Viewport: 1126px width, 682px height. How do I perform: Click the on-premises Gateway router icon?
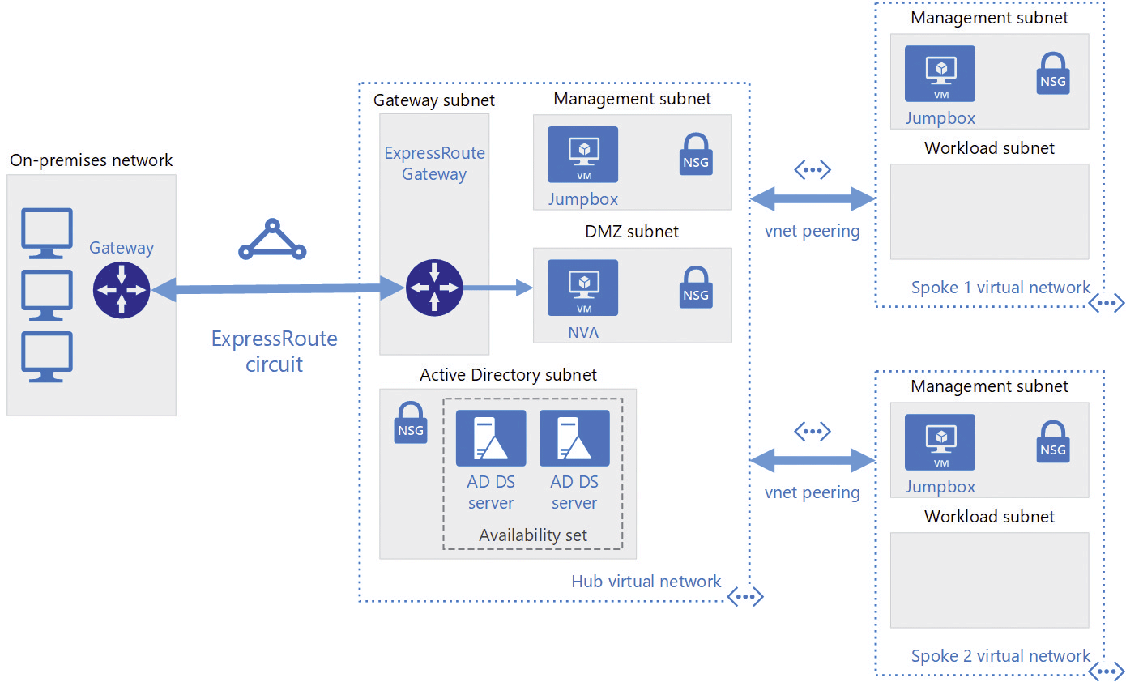[122, 289]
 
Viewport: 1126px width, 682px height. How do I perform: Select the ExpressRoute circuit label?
[275, 352]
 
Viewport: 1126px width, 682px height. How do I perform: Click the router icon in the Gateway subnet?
[434, 288]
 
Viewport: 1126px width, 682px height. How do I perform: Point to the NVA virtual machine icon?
[582, 288]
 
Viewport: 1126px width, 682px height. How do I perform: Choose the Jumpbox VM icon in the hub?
[582, 154]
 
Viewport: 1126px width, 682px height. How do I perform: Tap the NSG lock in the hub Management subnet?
[696, 154]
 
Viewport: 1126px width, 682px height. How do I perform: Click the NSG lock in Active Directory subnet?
[411, 422]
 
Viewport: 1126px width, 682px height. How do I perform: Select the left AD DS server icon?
[491, 437]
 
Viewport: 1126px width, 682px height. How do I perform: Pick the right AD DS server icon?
[574, 437]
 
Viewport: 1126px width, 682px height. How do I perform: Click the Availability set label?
[533, 535]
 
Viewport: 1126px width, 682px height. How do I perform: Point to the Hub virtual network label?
[646, 581]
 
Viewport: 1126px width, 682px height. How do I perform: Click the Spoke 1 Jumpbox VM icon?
[940, 74]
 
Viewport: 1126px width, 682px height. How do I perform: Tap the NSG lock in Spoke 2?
[1052, 441]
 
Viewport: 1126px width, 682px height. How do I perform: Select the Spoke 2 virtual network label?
[1000, 655]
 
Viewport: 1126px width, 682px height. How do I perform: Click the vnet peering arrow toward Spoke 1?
[813, 199]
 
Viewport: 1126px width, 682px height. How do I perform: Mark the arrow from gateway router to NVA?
[497, 288]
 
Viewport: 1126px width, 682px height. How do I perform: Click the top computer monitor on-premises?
[47, 233]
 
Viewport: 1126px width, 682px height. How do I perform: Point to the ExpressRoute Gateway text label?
[434, 164]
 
